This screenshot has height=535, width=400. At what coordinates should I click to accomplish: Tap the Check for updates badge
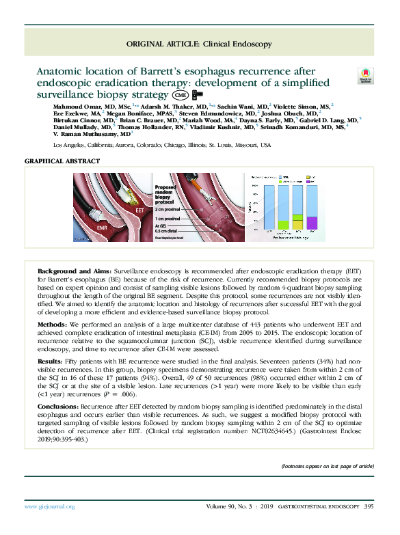[364, 77]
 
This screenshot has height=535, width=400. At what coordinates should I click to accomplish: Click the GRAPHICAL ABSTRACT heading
[62, 161]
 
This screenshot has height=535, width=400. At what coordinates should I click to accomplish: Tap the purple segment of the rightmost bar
[312, 222]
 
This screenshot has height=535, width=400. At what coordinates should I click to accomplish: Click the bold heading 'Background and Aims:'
[74, 272]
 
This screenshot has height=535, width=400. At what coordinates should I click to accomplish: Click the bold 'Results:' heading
[51, 359]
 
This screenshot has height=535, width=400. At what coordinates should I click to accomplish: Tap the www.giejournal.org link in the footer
[49, 507]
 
